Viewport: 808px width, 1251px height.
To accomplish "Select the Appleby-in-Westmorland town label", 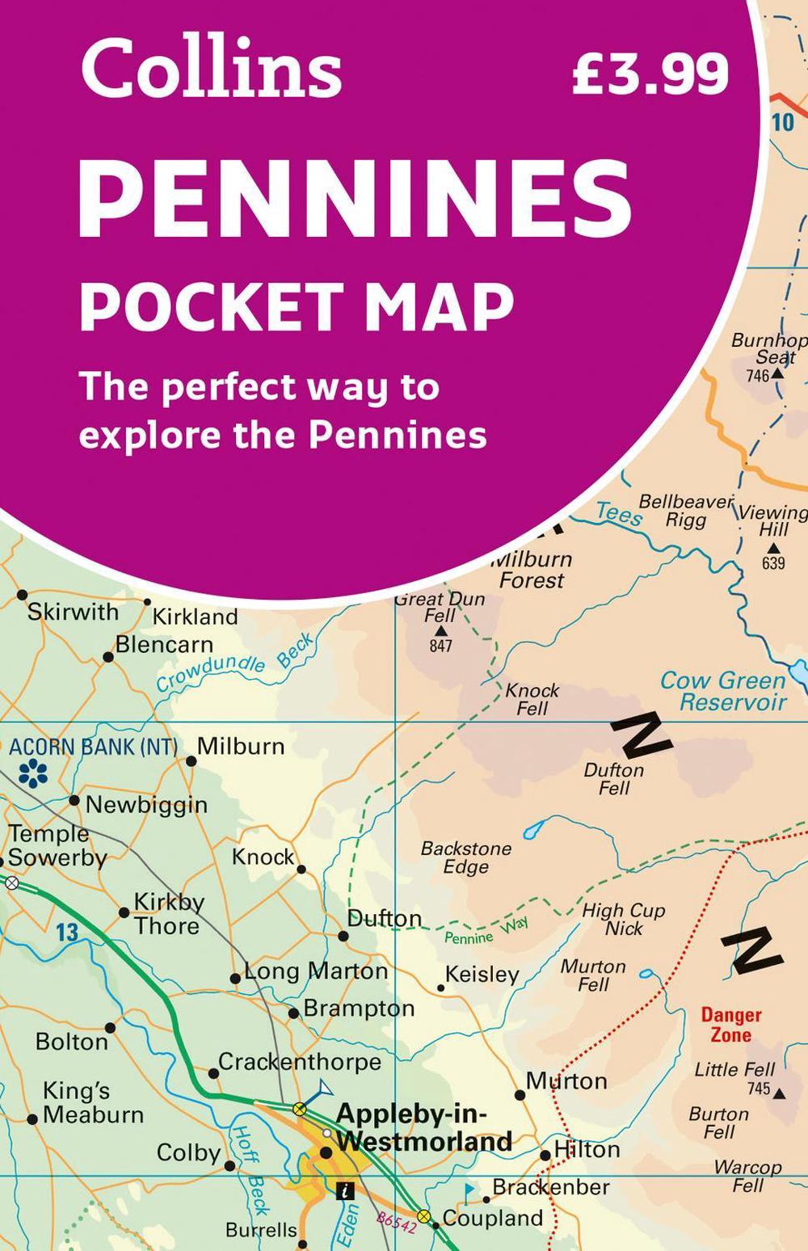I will click(423, 1127).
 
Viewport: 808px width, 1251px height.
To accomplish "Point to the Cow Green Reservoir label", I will click(723, 691).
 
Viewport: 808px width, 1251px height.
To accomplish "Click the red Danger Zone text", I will click(730, 1025).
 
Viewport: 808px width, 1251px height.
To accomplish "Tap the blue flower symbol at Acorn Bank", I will click(33, 773).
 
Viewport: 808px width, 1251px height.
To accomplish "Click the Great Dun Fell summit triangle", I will click(440, 630).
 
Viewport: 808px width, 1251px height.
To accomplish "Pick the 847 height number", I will click(440, 646).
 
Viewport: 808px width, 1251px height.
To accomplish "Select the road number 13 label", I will click(67, 933).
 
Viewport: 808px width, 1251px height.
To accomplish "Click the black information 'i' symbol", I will click(345, 1190).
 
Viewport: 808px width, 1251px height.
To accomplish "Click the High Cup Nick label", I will click(624, 919).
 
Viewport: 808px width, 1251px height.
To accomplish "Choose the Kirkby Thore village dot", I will click(124, 912).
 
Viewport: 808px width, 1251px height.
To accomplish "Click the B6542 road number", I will click(396, 1221).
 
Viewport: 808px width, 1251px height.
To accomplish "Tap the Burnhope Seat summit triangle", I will click(776, 374).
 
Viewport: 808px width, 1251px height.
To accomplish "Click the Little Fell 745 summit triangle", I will click(779, 1093).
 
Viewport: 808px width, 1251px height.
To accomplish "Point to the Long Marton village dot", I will click(235, 978).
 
